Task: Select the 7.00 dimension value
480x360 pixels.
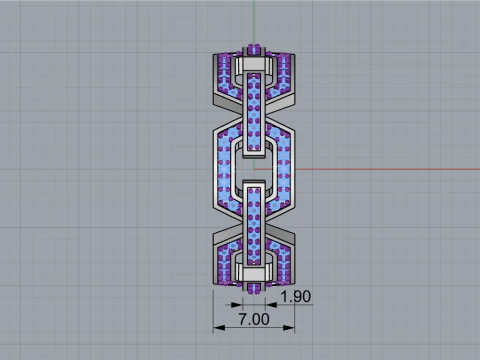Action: click(x=253, y=319)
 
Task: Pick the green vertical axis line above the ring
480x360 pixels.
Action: click(x=254, y=20)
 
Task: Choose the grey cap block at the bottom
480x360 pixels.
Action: click(x=254, y=272)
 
